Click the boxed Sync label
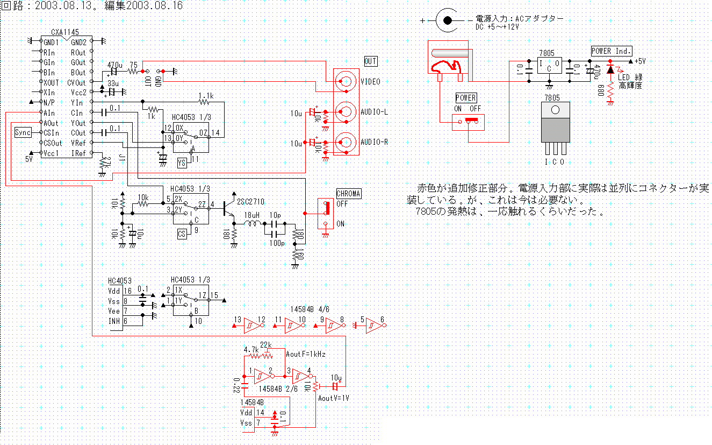(23, 133)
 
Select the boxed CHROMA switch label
(349, 194)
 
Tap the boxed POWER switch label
(466, 97)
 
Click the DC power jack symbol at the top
(445, 20)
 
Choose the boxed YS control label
(182, 162)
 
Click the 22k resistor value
(265, 344)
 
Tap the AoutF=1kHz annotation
(305, 354)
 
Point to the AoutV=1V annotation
(334, 398)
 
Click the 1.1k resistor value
(206, 95)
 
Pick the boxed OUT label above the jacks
(370, 61)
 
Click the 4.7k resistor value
(251, 350)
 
